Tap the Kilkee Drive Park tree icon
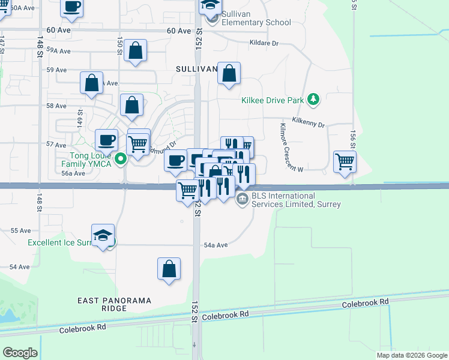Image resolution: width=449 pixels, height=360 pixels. (x=312, y=100)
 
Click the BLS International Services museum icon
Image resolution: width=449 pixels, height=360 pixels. (x=242, y=200)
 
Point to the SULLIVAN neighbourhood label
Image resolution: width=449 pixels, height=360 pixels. (x=196, y=70)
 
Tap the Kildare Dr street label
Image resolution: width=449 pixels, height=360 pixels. (x=265, y=43)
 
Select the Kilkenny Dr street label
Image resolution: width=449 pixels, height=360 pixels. (x=308, y=124)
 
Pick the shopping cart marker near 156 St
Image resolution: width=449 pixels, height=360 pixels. (x=345, y=161)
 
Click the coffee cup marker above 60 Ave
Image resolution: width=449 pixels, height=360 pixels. (x=72, y=7)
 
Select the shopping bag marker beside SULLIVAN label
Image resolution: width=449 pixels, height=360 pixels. (x=229, y=74)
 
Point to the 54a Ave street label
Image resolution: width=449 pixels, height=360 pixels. (x=216, y=245)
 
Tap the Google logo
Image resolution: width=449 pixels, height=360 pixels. (x=20, y=353)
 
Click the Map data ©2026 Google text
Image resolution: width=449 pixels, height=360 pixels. (x=411, y=355)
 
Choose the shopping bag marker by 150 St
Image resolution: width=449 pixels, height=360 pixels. (x=136, y=52)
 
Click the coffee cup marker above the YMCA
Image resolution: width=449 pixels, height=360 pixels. (x=107, y=140)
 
